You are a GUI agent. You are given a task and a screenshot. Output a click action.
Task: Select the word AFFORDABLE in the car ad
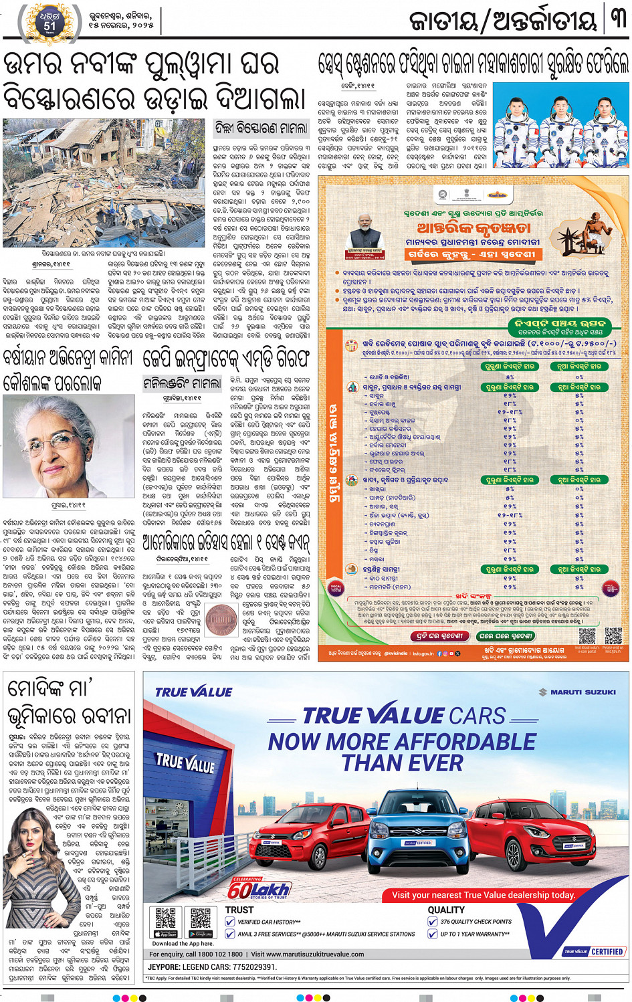[465, 741]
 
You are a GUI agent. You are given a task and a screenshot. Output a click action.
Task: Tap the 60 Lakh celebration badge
[259, 888]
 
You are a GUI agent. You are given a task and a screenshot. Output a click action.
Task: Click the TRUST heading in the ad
[239, 910]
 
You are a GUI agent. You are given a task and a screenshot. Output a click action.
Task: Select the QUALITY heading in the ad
[446, 910]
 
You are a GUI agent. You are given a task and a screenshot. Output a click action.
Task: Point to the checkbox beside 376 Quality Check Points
[433, 922]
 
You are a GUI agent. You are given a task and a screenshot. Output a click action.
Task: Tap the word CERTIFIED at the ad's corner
[607, 951]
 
